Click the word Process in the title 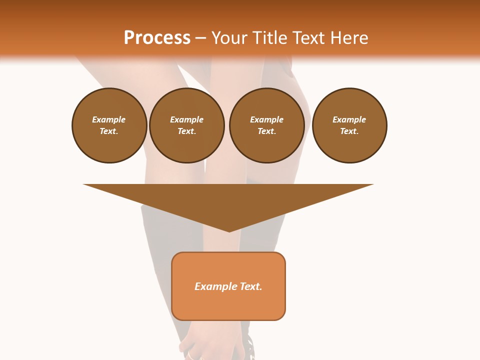157,38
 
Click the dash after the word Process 200,38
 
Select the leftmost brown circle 109,125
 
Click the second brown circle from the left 187,125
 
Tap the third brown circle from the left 266,125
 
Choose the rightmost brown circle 349,125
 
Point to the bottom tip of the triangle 229,230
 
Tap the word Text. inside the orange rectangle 251,286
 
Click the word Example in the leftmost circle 109,119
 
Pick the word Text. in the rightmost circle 349,131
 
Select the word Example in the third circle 266,119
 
